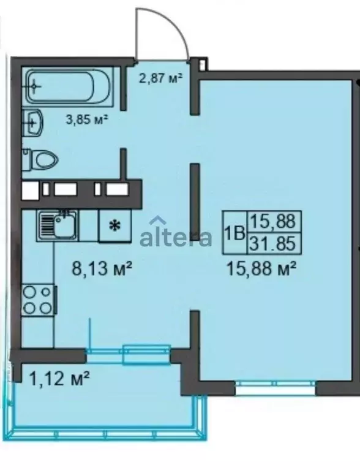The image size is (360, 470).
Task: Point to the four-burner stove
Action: (38, 301)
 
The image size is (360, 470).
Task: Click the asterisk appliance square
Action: (114, 226)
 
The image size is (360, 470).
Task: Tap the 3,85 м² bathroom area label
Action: (87, 119)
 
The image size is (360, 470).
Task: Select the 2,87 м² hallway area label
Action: (157, 78)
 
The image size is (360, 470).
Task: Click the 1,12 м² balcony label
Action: (60, 380)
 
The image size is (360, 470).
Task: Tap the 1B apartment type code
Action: (234, 233)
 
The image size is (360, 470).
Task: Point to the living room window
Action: (276, 387)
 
